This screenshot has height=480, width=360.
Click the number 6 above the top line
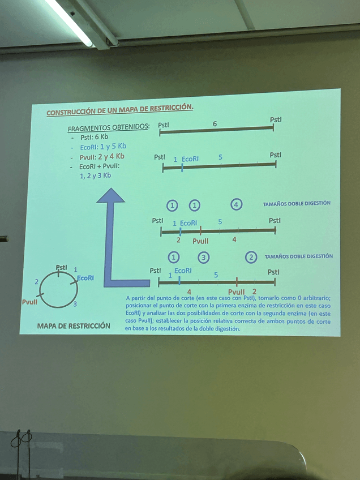[x=215, y=123]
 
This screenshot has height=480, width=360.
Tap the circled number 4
[x=237, y=204]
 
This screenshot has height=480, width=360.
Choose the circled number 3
[x=204, y=257]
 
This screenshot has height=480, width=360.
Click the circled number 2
[x=251, y=257]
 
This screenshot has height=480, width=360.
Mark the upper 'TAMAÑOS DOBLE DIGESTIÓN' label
[x=297, y=203]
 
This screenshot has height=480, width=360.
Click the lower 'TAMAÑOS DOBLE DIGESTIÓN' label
[x=298, y=256]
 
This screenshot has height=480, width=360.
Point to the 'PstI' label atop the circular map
[x=61, y=267]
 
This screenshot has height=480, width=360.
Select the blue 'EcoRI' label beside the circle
[x=85, y=278]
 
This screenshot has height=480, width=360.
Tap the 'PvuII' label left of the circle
[x=30, y=302]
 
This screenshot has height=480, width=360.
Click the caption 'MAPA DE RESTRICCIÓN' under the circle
[x=74, y=326]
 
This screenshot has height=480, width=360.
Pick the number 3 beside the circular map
[x=75, y=305]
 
